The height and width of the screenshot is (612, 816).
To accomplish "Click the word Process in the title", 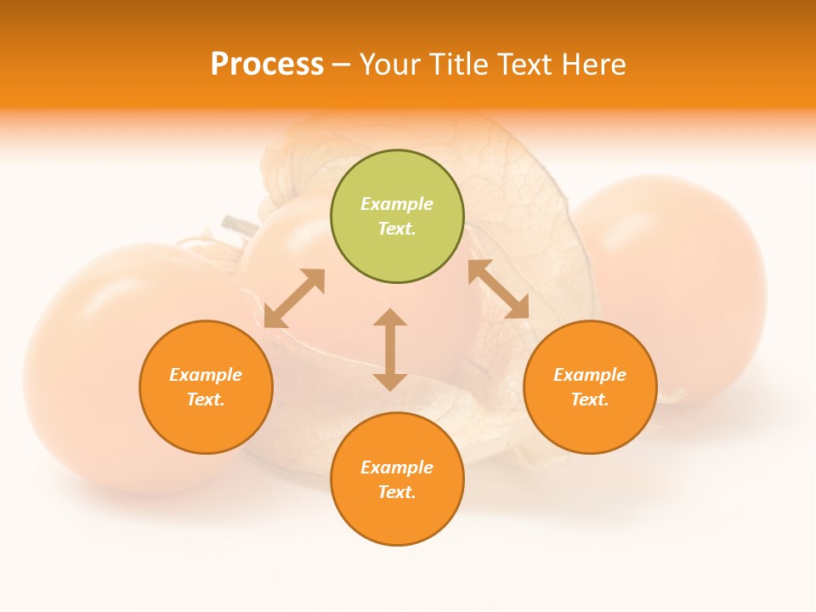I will tap(267, 65).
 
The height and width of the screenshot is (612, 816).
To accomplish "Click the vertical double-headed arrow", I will tap(390, 349).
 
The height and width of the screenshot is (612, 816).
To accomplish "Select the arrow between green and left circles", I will tap(294, 298).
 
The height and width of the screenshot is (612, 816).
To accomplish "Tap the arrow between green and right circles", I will tap(498, 289).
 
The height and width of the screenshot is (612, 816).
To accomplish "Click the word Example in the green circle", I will tap(397, 204).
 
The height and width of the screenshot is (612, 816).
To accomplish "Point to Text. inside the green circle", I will tap(397, 229).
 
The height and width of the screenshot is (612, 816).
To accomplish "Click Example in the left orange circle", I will tap(206, 375).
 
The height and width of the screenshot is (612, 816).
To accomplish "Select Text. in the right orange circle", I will tap(590, 399).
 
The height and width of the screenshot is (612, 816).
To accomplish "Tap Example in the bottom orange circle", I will tap(397, 467).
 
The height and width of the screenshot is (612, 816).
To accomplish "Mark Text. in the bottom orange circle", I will tap(397, 492).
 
